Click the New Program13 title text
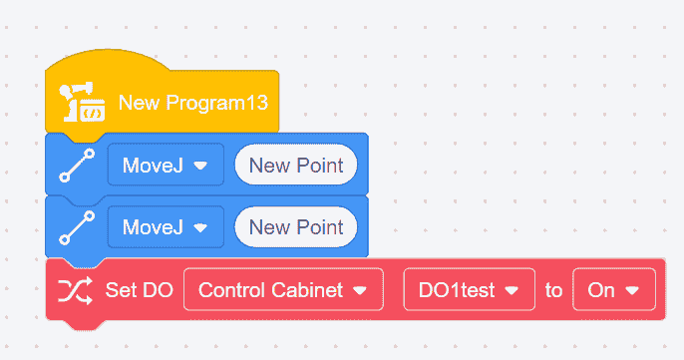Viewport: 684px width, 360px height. coord(192,103)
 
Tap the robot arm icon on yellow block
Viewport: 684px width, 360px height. coord(82,102)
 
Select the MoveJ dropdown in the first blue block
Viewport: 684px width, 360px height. coord(166,165)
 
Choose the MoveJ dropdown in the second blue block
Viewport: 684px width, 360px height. coord(166,227)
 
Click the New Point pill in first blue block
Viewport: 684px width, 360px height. coord(296,165)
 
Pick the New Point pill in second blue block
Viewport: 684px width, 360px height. coord(296,227)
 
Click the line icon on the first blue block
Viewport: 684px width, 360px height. coord(77,165)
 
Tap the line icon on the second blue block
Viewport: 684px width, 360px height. coord(77,227)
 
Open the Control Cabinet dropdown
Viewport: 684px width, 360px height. coord(283,290)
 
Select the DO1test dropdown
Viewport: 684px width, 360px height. coord(470,290)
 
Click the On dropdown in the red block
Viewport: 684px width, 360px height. coord(614,290)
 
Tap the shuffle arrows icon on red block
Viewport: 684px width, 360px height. coord(75,290)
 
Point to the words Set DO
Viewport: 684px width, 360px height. coord(140,290)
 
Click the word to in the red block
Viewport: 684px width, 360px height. coord(553,290)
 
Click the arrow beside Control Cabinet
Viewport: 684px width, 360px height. coord(360,290)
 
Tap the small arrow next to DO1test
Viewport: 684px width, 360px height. coord(512,290)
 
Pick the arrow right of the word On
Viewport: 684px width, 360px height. coord(632,290)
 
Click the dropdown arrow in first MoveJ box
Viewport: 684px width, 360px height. coord(200,166)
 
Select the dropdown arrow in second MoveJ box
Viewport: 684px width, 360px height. coord(200,227)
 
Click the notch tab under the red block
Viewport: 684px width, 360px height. coord(85,325)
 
